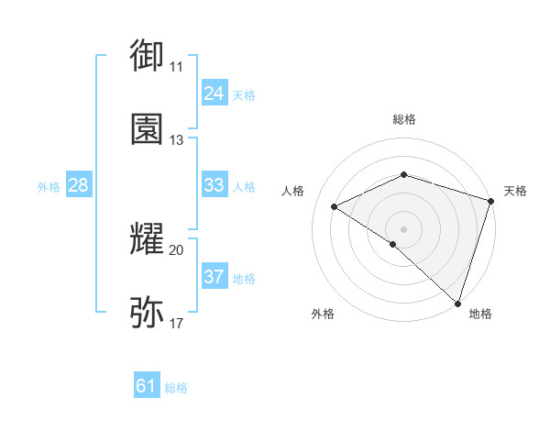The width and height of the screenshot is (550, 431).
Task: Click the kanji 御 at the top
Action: click(147, 55)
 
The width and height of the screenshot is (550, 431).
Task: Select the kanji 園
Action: click(147, 129)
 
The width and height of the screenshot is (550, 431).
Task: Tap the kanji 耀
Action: click(147, 239)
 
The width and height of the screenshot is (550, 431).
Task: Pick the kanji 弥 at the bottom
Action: click(147, 313)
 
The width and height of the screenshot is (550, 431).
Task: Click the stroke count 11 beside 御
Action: click(176, 66)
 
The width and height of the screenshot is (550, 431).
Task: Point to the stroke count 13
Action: click(176, 140)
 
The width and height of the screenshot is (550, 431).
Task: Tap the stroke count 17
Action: click(176, 324)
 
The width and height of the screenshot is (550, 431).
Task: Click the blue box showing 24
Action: click(214, 93)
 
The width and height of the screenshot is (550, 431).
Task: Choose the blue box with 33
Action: click(214, 185)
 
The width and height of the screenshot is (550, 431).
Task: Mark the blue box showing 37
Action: click(214, 276)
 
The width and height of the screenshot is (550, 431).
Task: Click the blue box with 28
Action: click(78, 185)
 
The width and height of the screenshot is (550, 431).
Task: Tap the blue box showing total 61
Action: click(147, 386)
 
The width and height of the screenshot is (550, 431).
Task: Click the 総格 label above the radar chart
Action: click(404, 119)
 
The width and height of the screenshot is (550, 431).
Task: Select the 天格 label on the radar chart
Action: click(515, 191)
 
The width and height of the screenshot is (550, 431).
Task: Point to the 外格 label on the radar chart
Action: click(323, 314)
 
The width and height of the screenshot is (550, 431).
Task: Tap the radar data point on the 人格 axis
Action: click(335, 207)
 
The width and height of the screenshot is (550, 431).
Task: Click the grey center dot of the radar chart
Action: click(404, 228)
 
